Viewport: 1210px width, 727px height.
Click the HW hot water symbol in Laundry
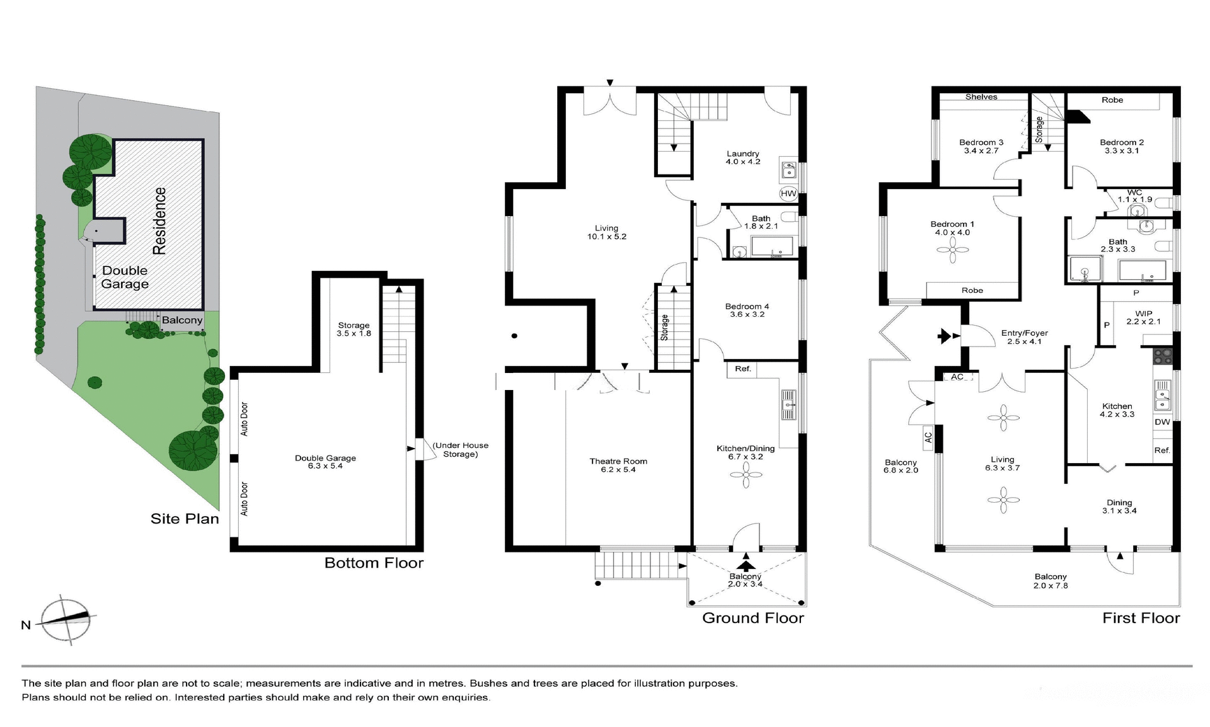788,193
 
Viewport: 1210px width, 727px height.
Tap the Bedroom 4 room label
747,311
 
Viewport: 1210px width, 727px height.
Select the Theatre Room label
618,466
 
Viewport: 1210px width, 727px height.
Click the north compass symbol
66,620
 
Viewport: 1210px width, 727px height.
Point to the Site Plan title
185,519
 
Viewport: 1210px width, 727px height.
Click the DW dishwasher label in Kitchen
1162,422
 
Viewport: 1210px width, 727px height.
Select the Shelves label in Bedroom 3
981,97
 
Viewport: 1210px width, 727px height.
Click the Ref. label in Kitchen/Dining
743,369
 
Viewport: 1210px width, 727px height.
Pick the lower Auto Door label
245,499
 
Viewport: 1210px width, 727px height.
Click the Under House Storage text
460,450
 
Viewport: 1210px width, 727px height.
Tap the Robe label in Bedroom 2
1112,100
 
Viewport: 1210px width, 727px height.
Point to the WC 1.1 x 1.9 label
1134,196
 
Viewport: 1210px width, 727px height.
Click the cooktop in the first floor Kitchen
1162,357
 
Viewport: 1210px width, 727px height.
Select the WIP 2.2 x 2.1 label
1143,318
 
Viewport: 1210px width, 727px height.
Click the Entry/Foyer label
1024,337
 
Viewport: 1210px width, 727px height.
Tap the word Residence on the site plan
159,220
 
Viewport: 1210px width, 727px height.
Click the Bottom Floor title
374,563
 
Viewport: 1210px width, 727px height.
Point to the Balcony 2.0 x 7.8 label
1050,581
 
